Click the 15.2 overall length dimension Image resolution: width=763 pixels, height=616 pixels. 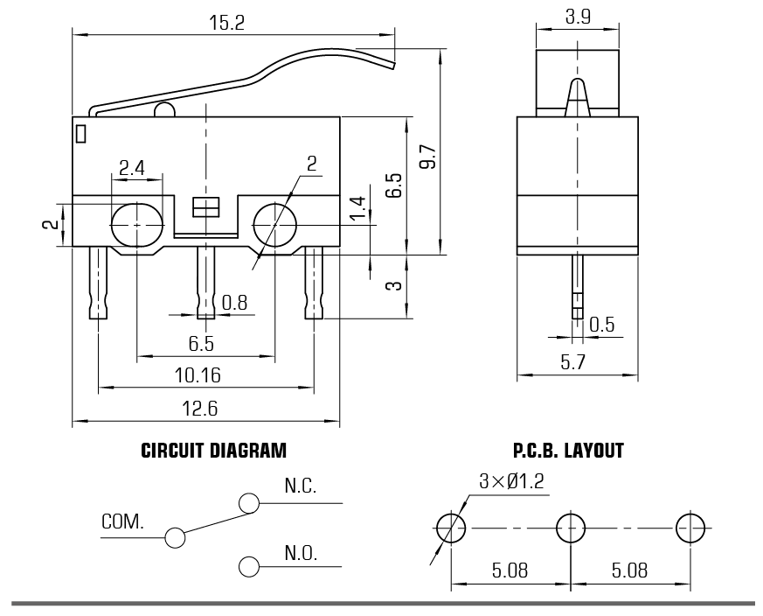click(x=227, y=23)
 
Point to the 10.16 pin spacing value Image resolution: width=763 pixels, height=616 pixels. click(x=197, y=375)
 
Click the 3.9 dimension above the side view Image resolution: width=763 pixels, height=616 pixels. click(x=577, y=17)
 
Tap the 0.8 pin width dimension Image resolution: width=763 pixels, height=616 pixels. click(x=234, y=302)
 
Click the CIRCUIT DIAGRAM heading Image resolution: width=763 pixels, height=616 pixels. click(x=213, y=451)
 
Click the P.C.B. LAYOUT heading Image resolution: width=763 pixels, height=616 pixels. click(x=568, y=451)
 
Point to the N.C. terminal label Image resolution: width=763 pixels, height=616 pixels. click(x=300, y=486)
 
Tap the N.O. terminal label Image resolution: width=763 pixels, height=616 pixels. click(x=300, y=553)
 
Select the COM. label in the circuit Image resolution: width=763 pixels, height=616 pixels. click(x=122, y=522)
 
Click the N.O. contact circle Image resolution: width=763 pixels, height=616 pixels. click(x=249, y=566)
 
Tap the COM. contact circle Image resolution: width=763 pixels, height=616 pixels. click(x=175, y=536)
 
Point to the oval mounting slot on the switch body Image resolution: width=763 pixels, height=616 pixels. click(x=137, y=224)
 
